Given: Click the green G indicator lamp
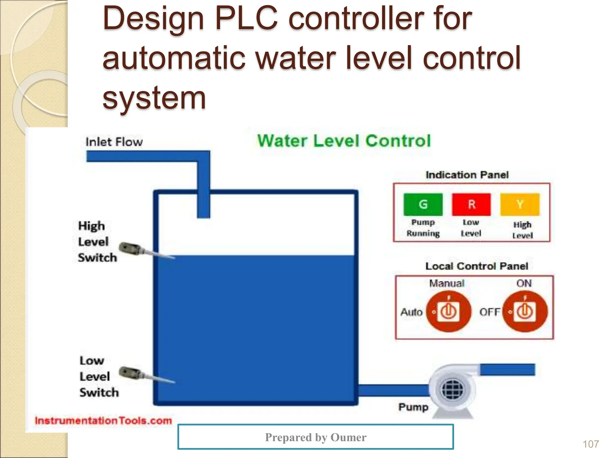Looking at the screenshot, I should click(423, 205).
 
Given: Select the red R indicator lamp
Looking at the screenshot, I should click(471, 205).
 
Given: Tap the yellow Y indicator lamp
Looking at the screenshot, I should click(520, 205).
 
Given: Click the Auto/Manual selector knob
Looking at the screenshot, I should click(448, 312).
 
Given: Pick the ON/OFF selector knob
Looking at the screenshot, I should click(525, 312).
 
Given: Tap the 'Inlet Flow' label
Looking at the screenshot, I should click(114, 142).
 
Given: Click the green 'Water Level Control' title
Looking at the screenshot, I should click(344, 141).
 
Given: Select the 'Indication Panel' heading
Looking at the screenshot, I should click(467, 175).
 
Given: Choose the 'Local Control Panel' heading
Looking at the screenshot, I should click(476, 266).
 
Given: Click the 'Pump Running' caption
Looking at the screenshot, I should click(423, 228).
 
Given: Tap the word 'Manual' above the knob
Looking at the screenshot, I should click(447, 283).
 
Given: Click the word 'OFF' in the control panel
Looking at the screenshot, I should click(490, 312).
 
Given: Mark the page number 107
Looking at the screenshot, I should click(590, 444).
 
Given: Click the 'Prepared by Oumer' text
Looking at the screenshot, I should click(316, 437).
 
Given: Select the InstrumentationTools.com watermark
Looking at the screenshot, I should click(103, 421).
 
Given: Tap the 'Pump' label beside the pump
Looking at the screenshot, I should click(413, 407).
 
